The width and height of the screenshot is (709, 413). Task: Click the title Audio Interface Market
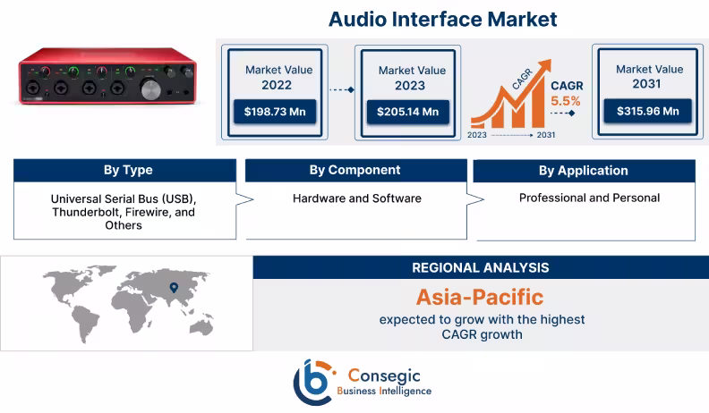(x=442, y=18)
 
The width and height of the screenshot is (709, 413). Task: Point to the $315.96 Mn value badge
(x=647, y=112)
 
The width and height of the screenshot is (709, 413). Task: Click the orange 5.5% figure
(x=565, y=101)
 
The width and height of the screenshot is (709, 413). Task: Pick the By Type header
(x=128, y=171)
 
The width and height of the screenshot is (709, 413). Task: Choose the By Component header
(x=355, y=170)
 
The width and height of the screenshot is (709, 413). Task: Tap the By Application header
(x=583, y=171)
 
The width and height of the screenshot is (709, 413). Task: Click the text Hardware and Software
(x=357, y=198)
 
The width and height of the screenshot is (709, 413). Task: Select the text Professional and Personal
(x=589, y=197)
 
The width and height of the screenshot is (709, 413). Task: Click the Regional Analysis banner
(x=481, y=267)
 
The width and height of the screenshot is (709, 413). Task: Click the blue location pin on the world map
(x=174, y=287)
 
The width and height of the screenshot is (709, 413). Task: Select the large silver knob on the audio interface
(x=151, y=88)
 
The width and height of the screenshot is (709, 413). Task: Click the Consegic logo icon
(x=312, y=379)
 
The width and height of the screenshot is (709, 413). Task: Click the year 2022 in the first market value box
(x=278, y=86)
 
